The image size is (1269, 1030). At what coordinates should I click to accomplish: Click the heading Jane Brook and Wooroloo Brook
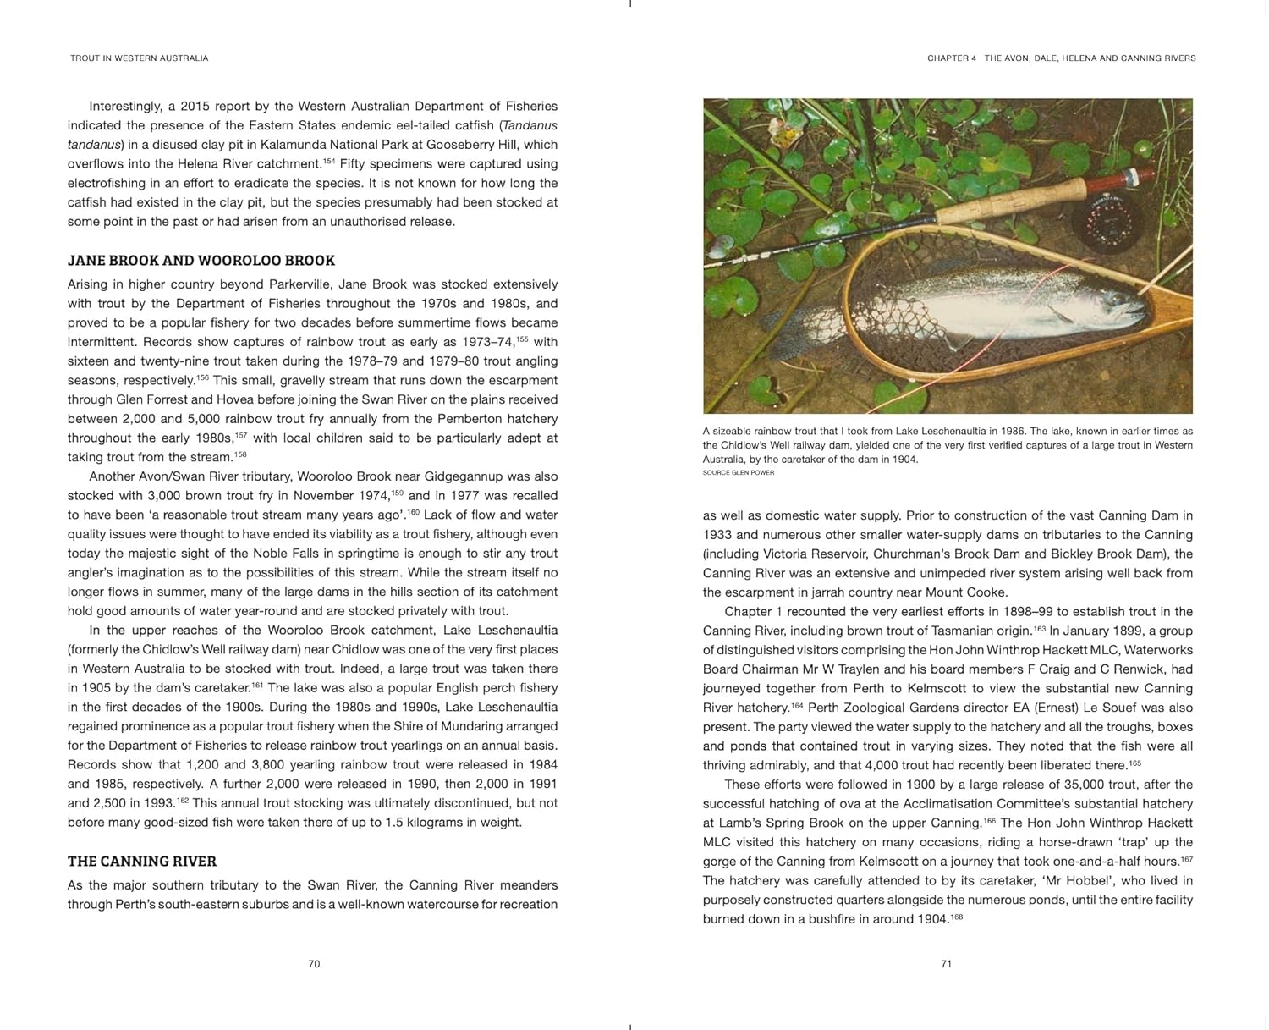pyautogui.click(x=201, y=261)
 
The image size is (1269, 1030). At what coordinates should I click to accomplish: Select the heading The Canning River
pyautogui.click(x=142, y=862)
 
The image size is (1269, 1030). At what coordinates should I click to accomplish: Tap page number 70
pyautogui.click(x=314, y=964)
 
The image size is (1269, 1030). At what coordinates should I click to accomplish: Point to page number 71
pyautogui.click(x=947, y=964)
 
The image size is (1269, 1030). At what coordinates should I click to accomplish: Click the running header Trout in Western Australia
pyautogui.click(x=140, y=58)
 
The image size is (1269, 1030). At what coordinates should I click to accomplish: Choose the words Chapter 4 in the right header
pyautogui.click(x=952, y=58)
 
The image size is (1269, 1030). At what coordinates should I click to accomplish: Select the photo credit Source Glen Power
pyautogui.click(x=738, y=473)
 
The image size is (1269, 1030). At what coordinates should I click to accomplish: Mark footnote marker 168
pyautogui.click(x=957, y=917)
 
